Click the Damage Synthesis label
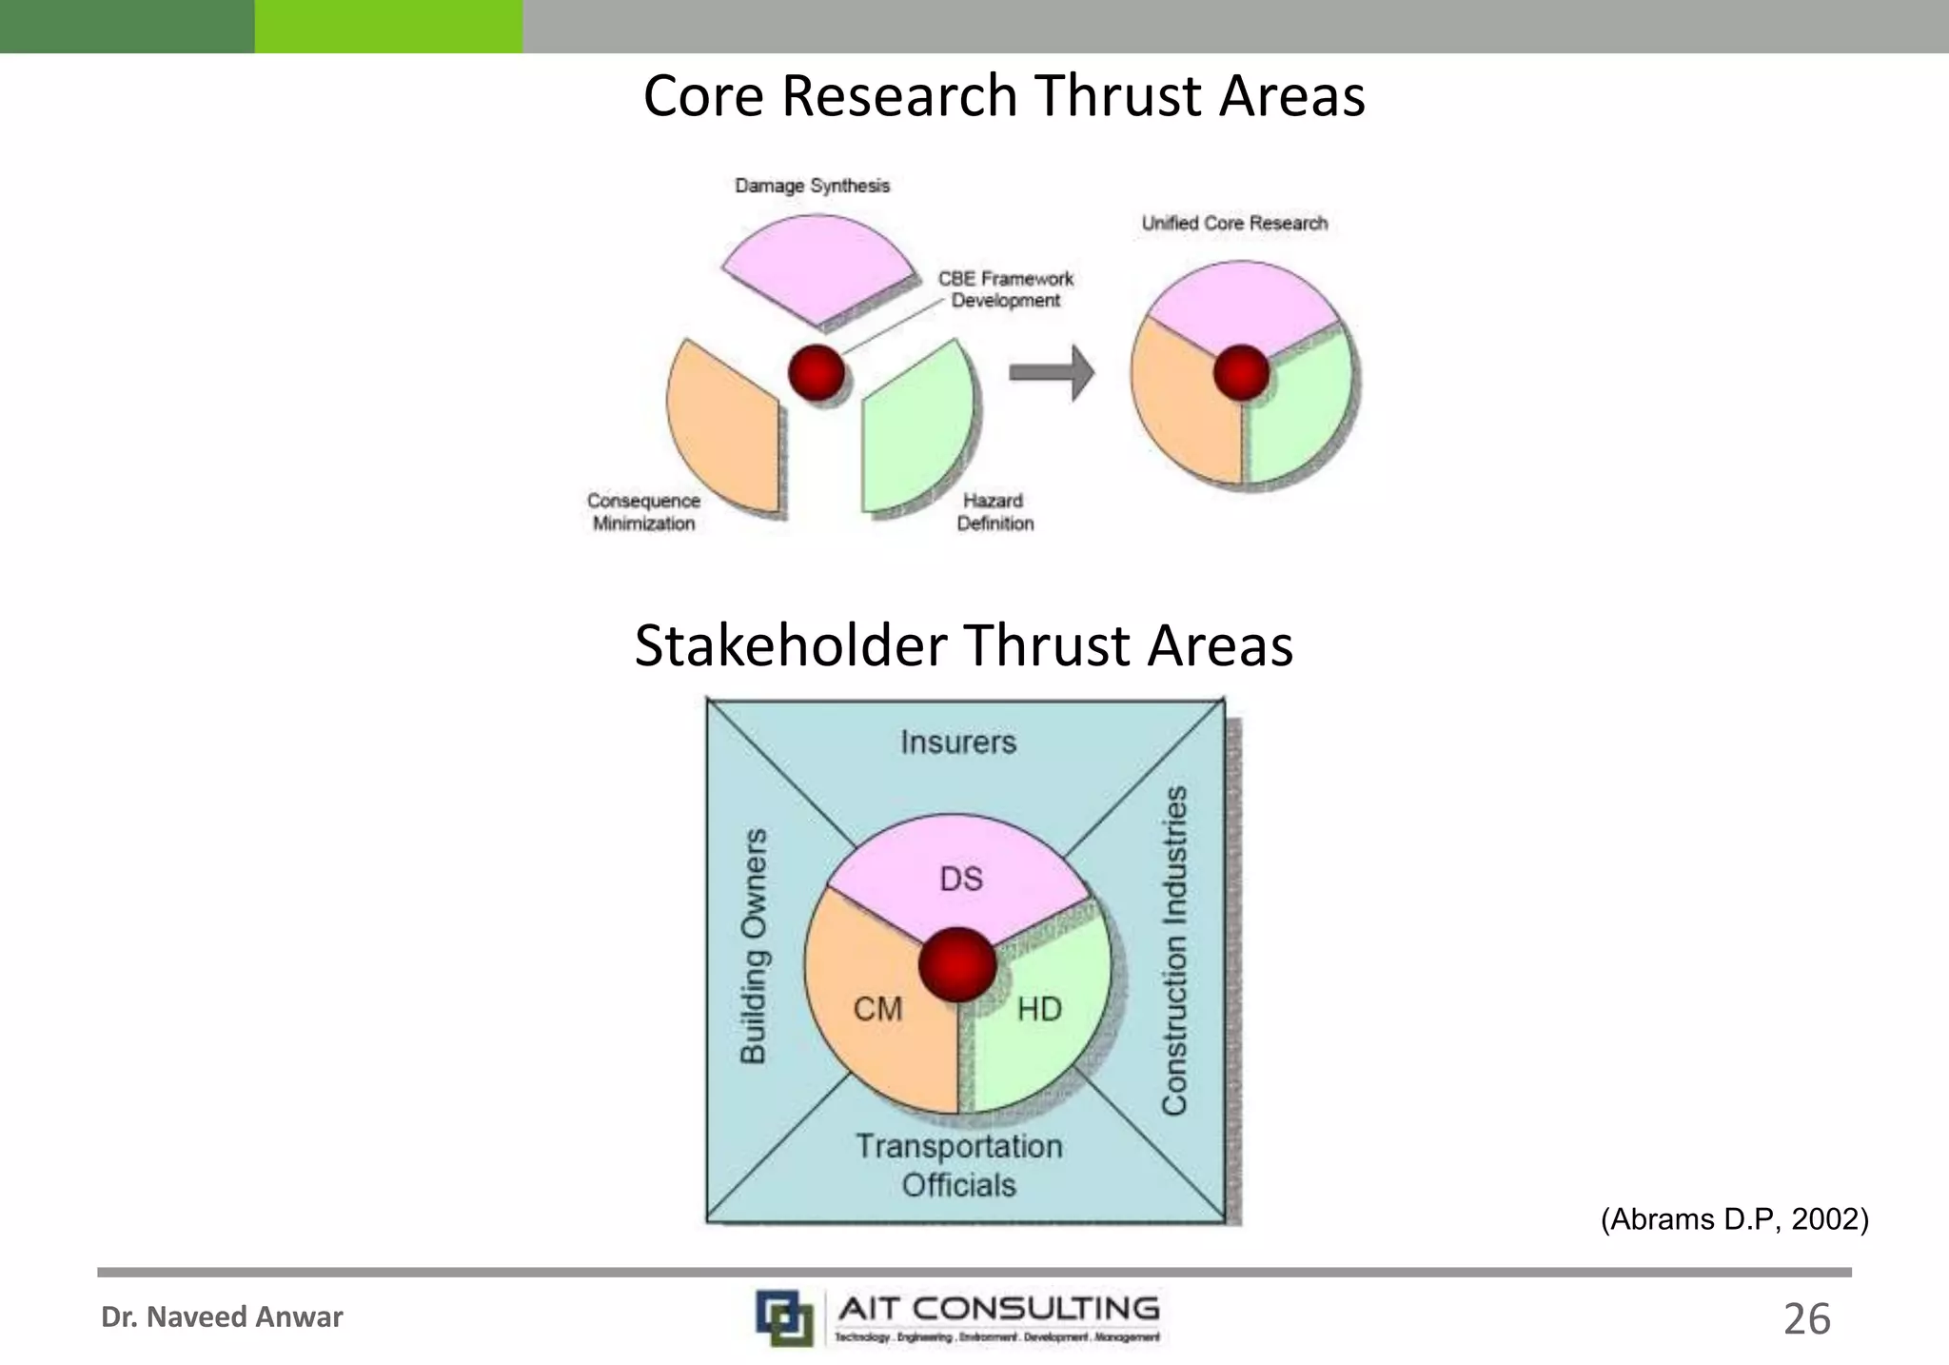tap(812, 186)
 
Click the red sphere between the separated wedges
tap(817, 372)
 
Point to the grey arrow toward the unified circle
tap(1052, 372)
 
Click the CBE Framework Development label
tap(1005, 289)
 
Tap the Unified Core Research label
tap(1234, 223)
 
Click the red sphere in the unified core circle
tap(1241, 372)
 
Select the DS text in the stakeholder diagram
tap(960, 878)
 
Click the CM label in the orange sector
tap(877, 1008)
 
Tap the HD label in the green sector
tap(1039, 1008)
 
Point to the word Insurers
tap(958, 742)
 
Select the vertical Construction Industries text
tap(1175, 950)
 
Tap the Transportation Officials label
tap(958, 1165)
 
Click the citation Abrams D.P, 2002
tap(1734, 1219)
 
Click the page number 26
tap(1806, 1319)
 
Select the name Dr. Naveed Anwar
tap(222, 1317)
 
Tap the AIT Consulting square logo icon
tap(784, 1317)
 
